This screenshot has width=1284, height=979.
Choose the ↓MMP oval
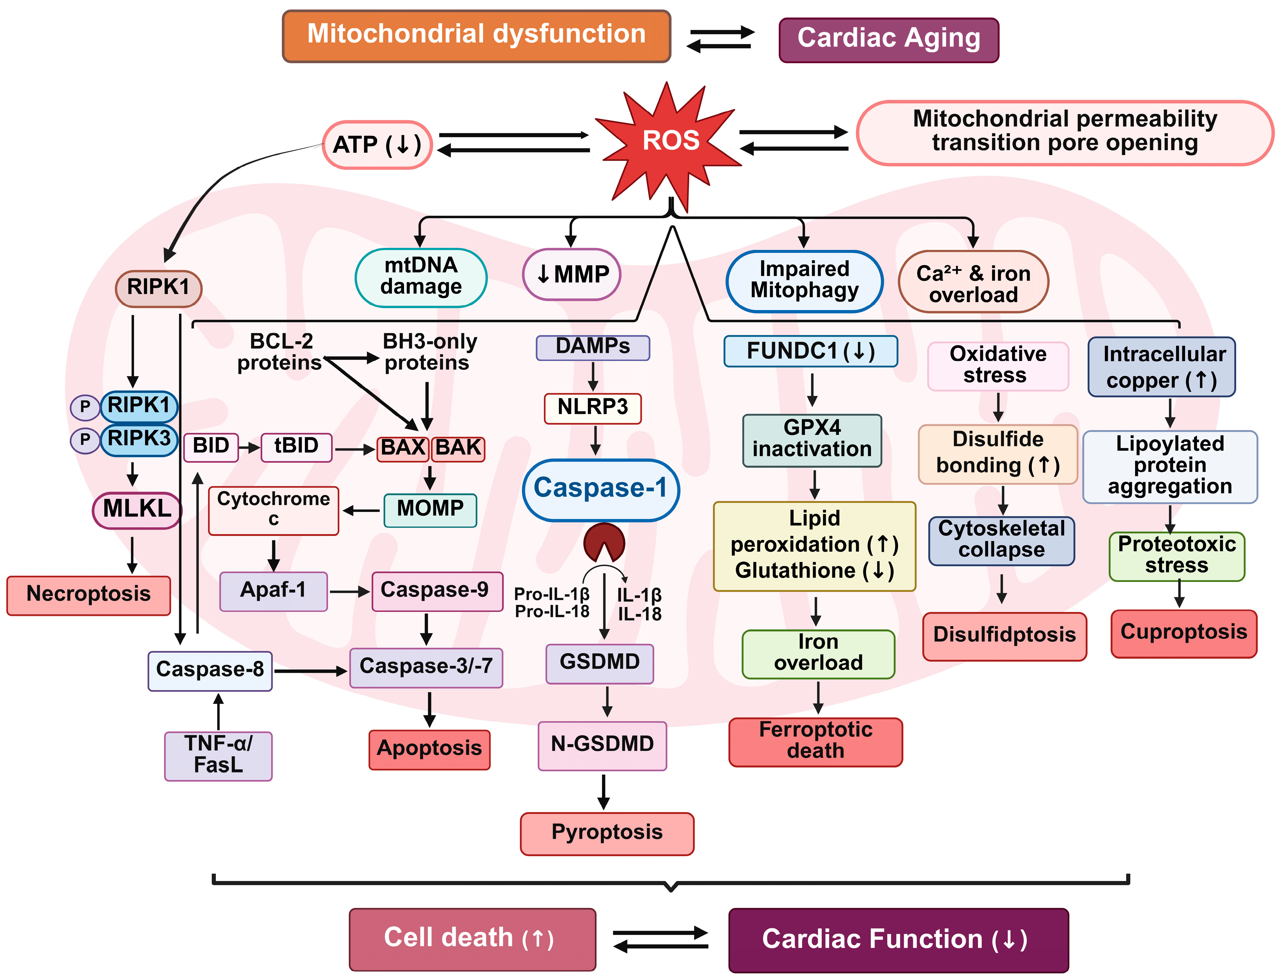(x=571, y=274)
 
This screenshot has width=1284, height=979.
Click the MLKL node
(x=137, y=509)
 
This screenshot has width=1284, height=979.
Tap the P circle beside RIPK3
(x=85, y=439)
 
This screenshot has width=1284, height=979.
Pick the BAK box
(x=458, y=449)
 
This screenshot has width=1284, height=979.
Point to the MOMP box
(x=430, y=509)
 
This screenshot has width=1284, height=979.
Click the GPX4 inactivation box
(x=812, y=440)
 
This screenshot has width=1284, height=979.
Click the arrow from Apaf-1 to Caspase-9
(x=349, y=592)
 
